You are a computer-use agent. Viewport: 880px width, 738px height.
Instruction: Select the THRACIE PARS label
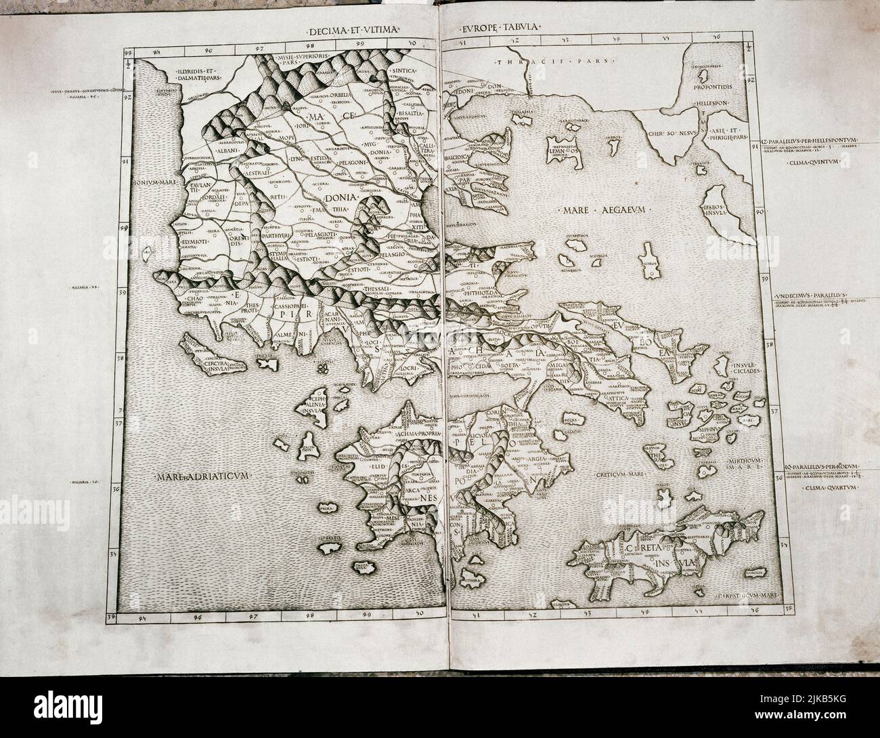(x=551, y=62)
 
